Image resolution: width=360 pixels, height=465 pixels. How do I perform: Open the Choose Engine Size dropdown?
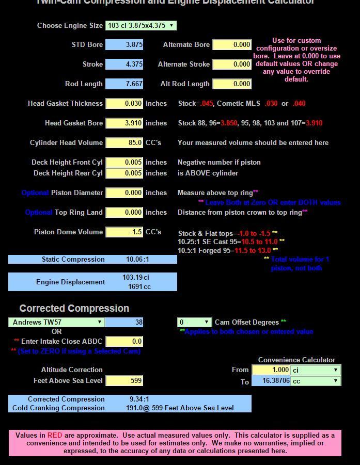(141, 25)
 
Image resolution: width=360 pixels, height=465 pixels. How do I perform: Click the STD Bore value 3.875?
(124, 45)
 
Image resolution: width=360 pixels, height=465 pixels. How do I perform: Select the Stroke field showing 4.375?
(124, 65)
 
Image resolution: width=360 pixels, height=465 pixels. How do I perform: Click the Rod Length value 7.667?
(124, 84)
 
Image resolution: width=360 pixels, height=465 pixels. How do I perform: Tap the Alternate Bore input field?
(232, 45)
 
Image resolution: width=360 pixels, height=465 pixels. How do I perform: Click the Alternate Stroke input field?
(232, 65)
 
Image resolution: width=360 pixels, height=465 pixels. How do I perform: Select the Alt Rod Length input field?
(232, 84)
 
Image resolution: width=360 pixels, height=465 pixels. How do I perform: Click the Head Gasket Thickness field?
(124, 103)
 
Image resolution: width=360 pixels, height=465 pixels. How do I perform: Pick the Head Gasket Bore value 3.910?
(124, 123)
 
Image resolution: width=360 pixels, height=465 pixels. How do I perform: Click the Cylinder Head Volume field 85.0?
(124, 142)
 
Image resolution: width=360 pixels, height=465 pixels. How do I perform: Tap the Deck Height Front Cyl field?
(124, 162)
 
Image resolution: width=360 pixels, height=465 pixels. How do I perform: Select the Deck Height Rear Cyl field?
(124, 173)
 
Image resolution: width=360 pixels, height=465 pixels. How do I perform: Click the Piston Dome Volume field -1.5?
(124, 232)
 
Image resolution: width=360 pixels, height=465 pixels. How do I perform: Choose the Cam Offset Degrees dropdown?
(194, 322)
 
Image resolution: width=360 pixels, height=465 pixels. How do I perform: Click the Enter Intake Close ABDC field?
(124, 341)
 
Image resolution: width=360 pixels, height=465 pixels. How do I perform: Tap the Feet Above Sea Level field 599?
(124, 380)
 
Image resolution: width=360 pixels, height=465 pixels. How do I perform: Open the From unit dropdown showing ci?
(315, 370)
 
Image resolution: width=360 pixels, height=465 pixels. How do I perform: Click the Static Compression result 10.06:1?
(137, 259)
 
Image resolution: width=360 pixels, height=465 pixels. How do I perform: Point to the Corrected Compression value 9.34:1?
(139, 399)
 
